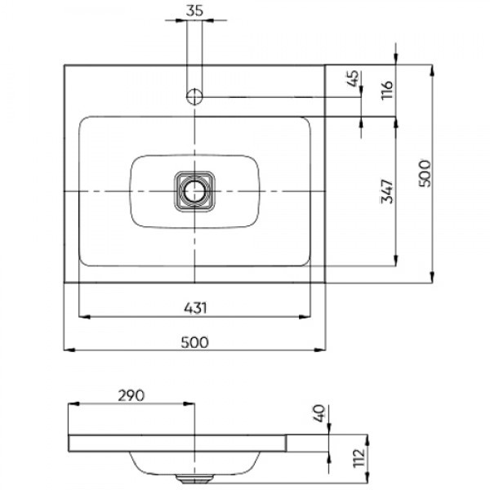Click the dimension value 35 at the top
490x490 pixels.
coord(194,11)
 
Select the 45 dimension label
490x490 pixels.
coord(353,78)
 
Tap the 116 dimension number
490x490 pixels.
coord(387,90)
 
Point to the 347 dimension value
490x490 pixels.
coord(387,191)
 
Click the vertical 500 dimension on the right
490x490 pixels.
coord(425,174)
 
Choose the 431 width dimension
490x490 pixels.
coord(195,308)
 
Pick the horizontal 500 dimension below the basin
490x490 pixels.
coord(194,342)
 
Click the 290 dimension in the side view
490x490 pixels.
coord(131,395)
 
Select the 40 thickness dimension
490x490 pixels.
coord(319,413)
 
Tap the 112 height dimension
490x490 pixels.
coord(359,458)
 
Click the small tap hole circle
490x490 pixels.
coord(194,96)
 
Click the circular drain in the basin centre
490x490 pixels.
coord(194,191)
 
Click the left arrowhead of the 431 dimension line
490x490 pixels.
coord(84,317)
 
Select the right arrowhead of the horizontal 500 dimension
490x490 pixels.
coord(320,350)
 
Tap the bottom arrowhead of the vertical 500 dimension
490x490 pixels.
coord(432,277)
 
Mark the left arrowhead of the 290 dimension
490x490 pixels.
coord(73,403)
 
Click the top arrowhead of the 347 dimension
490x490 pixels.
coord(396,123)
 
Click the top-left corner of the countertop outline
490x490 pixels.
coord(65,65)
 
